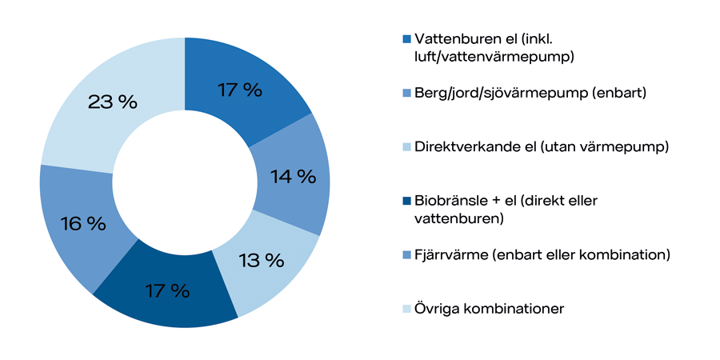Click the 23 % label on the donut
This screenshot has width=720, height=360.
(113, 102)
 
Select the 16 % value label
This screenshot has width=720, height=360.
(82, 223)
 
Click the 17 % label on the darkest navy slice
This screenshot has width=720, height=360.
(166, 290)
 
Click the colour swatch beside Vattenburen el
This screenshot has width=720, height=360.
(406, 38)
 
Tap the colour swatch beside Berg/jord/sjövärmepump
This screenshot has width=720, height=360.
(406, 93)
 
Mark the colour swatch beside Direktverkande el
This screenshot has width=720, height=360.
(406, 146)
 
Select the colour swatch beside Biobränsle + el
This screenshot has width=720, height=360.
(406, 201)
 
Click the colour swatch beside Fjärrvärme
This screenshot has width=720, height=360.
(406, 254)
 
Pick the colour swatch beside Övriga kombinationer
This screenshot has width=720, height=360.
(406, 308)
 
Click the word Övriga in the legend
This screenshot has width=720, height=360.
(437, 308)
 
